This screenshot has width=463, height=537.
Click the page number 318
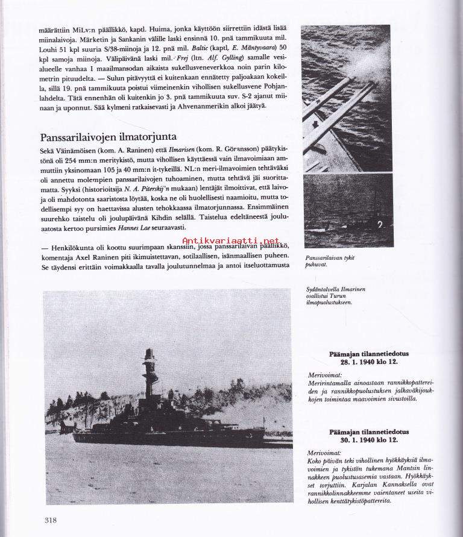point(52,520)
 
